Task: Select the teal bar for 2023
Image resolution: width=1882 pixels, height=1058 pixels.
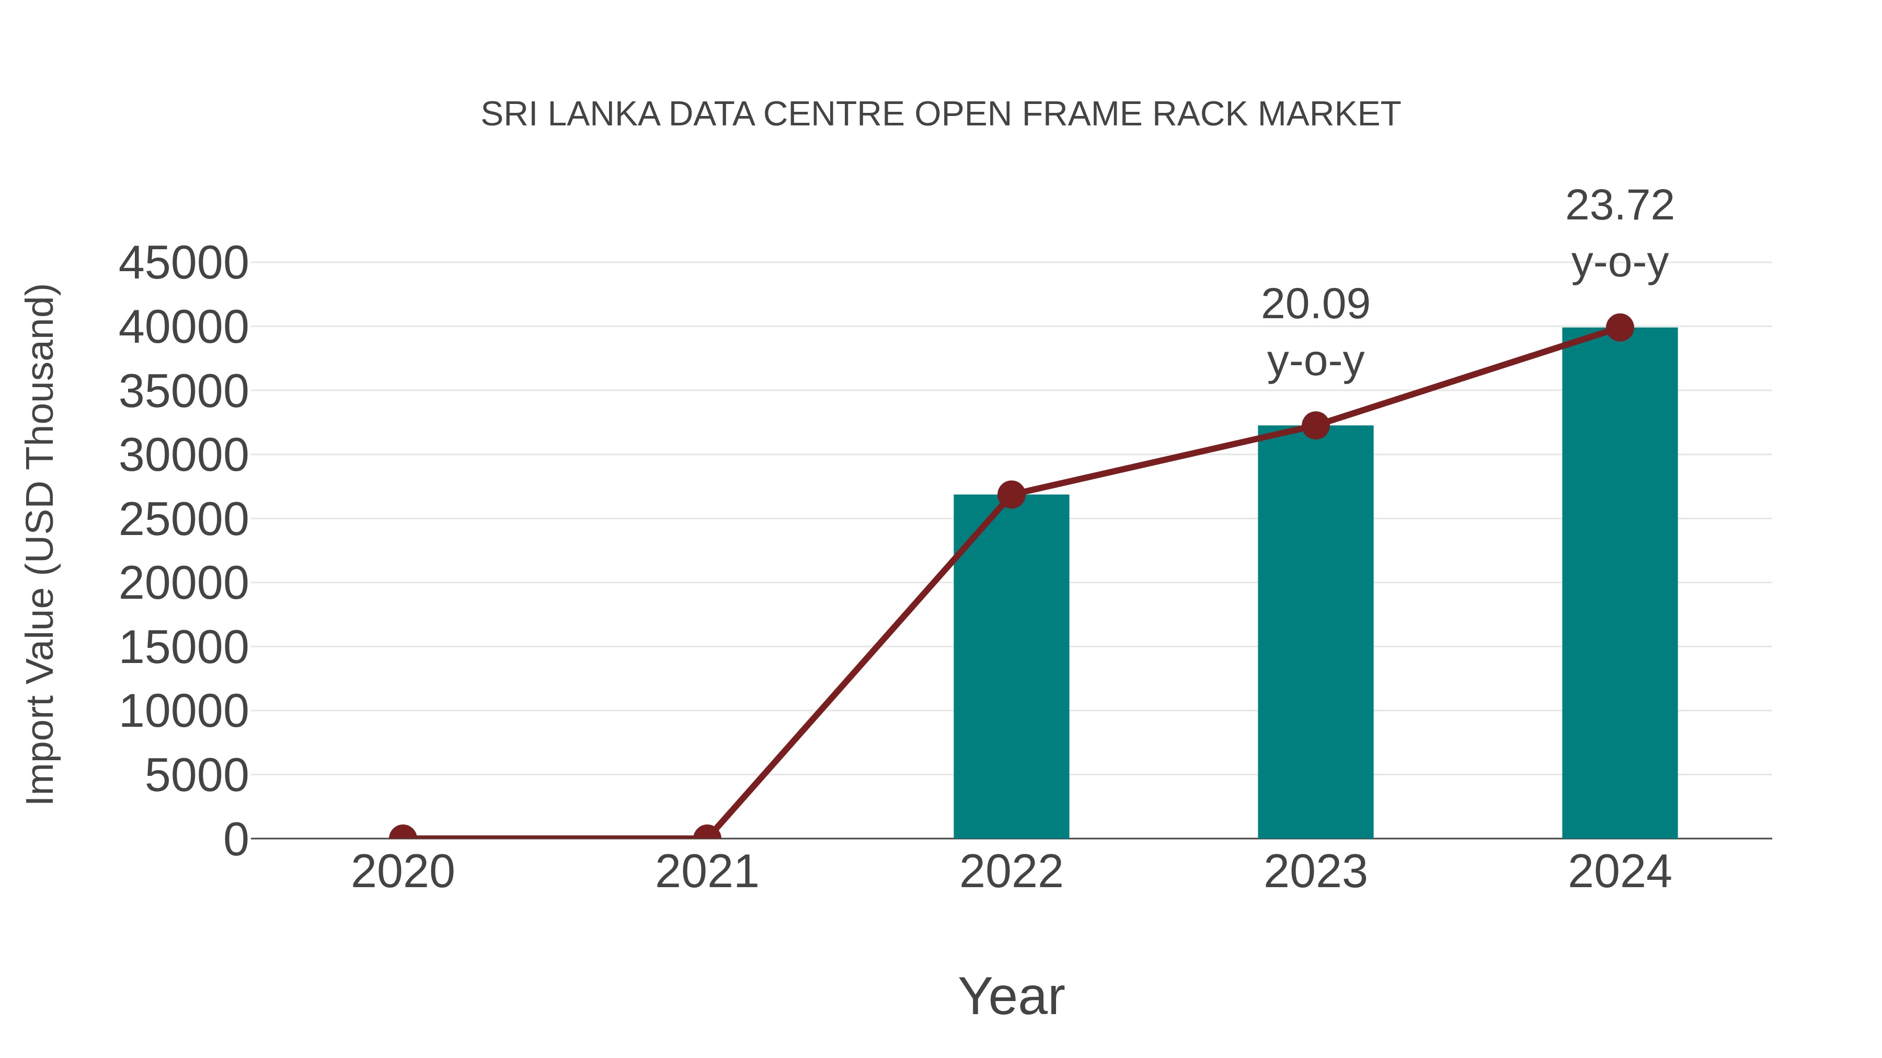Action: coord(1315,632)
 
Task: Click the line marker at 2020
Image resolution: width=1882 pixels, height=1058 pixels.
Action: coord(403,837)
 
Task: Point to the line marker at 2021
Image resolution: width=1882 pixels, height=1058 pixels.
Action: coord(706,837)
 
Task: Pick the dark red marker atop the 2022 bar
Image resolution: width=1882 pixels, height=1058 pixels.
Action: coord(1011,495)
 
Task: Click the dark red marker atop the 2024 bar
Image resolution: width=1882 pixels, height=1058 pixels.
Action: coord(1620,328)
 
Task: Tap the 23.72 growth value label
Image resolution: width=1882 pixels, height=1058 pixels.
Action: coord(1620,206)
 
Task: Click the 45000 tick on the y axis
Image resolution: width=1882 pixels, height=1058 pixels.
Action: coord(183,264)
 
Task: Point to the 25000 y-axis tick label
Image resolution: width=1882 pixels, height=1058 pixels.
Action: coord(183,520)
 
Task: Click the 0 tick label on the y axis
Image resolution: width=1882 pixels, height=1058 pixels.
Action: coord(236,840)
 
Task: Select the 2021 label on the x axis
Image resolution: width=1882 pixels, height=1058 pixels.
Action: coord(706,872)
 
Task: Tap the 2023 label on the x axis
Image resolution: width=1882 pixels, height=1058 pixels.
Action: coord(1315,872)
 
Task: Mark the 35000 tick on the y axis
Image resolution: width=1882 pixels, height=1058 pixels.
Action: coord(183,392)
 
